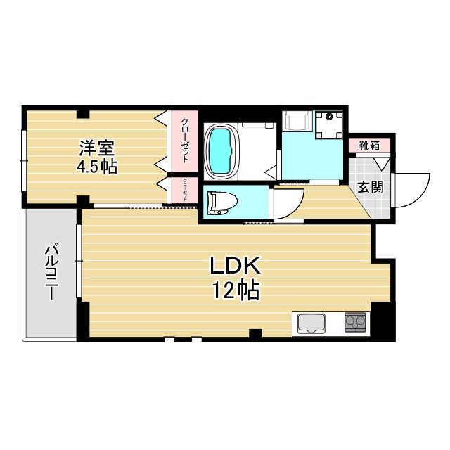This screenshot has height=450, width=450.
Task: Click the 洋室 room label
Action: click(96, 149)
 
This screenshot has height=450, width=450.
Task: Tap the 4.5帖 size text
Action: click(96, 167)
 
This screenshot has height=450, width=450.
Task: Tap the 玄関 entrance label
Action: click(370, 188)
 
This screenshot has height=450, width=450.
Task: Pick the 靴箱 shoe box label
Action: click(369, 146)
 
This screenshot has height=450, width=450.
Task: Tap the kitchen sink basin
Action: click(311, 323)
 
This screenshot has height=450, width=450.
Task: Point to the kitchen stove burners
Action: click(355, 323)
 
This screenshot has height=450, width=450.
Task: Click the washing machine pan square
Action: click(329, 124)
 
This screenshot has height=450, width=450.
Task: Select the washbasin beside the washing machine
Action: click(297, 121)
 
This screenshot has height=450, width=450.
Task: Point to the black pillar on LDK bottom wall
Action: click(256, 333)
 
